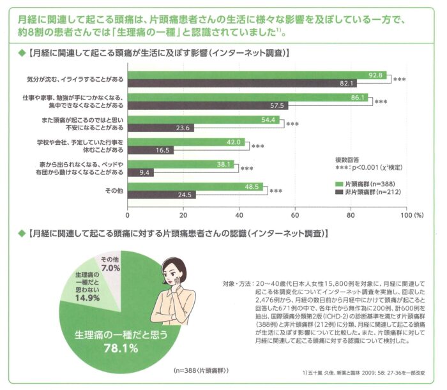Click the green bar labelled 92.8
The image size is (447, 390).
[255, 75]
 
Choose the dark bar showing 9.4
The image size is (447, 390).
[140, 172]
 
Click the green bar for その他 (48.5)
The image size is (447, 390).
[195, 186]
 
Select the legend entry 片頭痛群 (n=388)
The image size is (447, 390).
[366, 183]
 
